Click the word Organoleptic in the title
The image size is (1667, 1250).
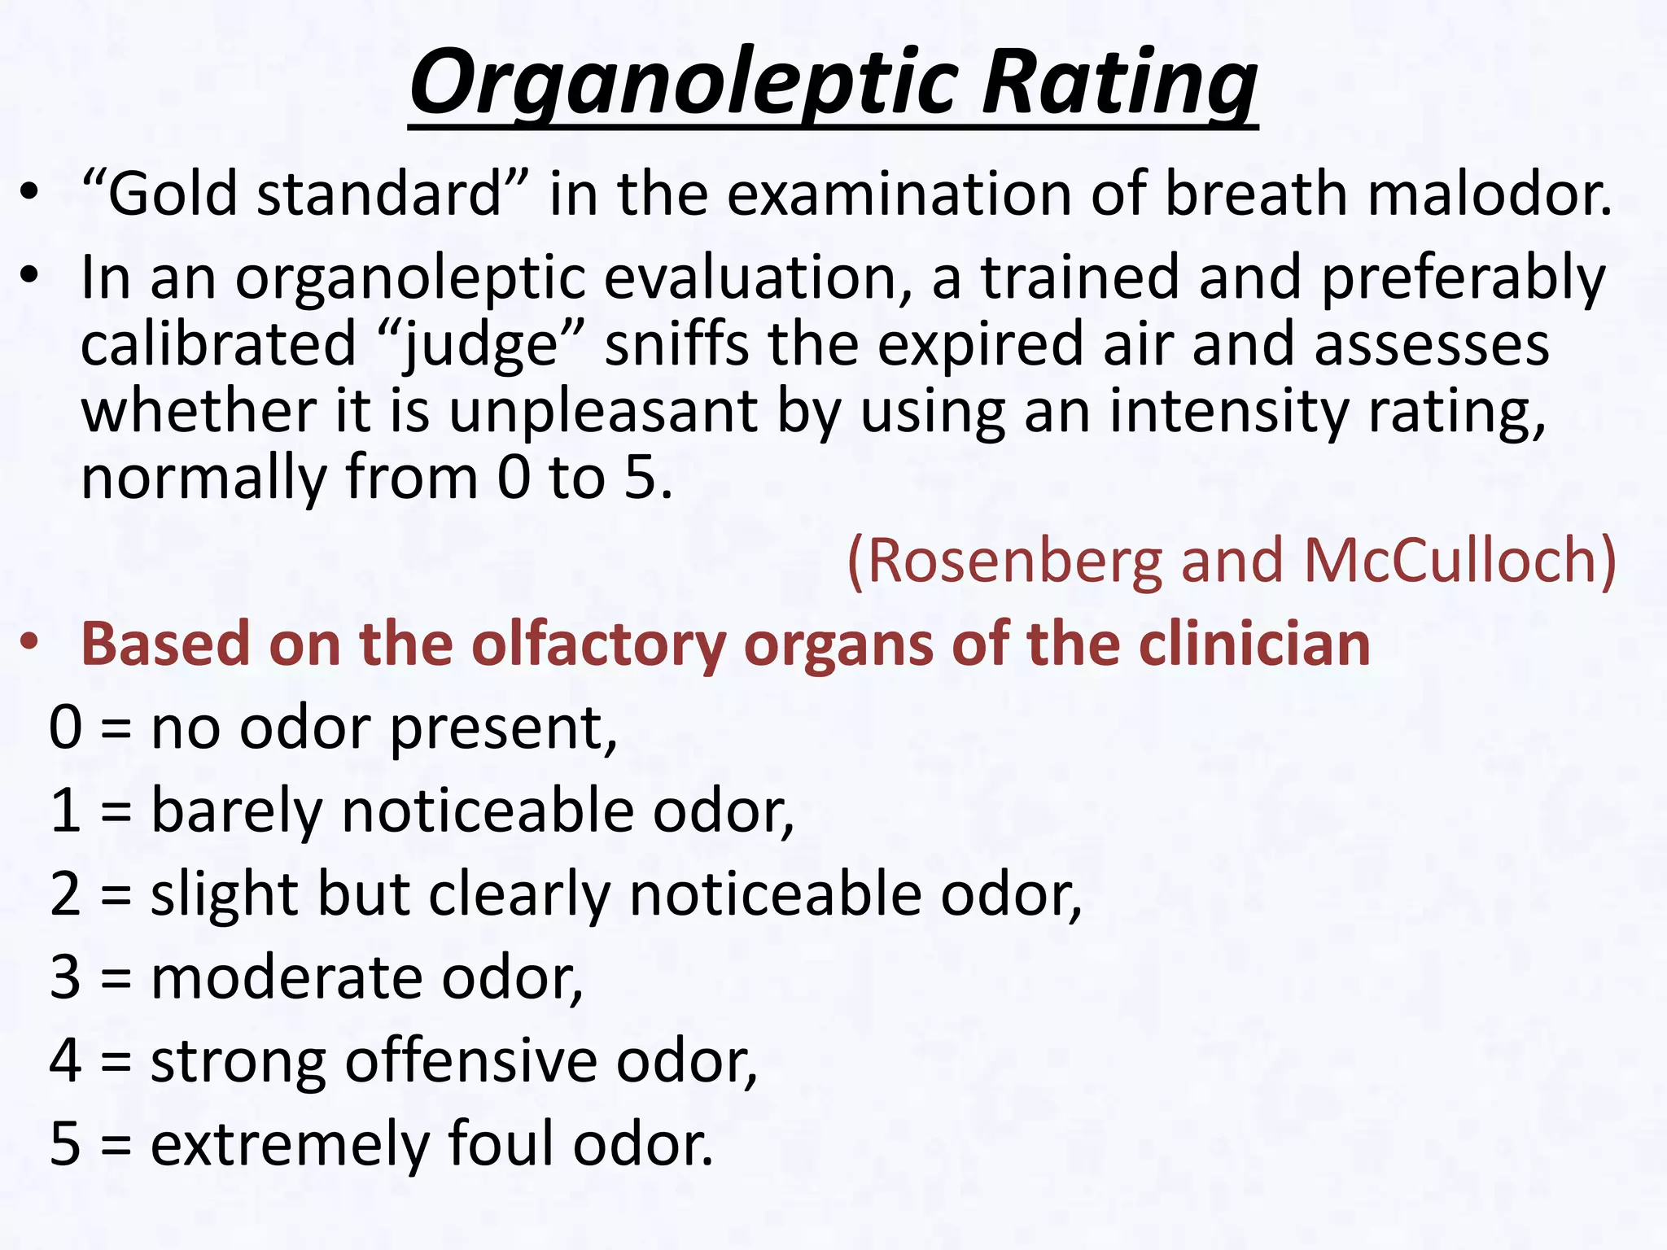pyautogui.click(x=683, y=84)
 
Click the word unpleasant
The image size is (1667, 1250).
pyautogui.click(x=603, y=412)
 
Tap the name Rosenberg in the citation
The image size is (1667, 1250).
pyautogui.click(x=1014, y=561)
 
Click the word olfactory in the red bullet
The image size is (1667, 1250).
pyautogui.click(x=598, y=645)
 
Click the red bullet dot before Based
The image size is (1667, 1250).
pyautogui.click(x=30, y=643)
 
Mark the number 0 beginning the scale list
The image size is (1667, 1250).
pyautogui.click(x=65, y=728)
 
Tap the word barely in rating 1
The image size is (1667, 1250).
pyautogui.click(x=237, y=811)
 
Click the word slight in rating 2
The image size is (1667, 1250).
pyautogui.click(x=225, y=894)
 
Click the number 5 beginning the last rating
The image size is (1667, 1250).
pyautogui.click(x=65, y=1143)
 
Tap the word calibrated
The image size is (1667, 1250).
pyautogui.click(x=218, y=345)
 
